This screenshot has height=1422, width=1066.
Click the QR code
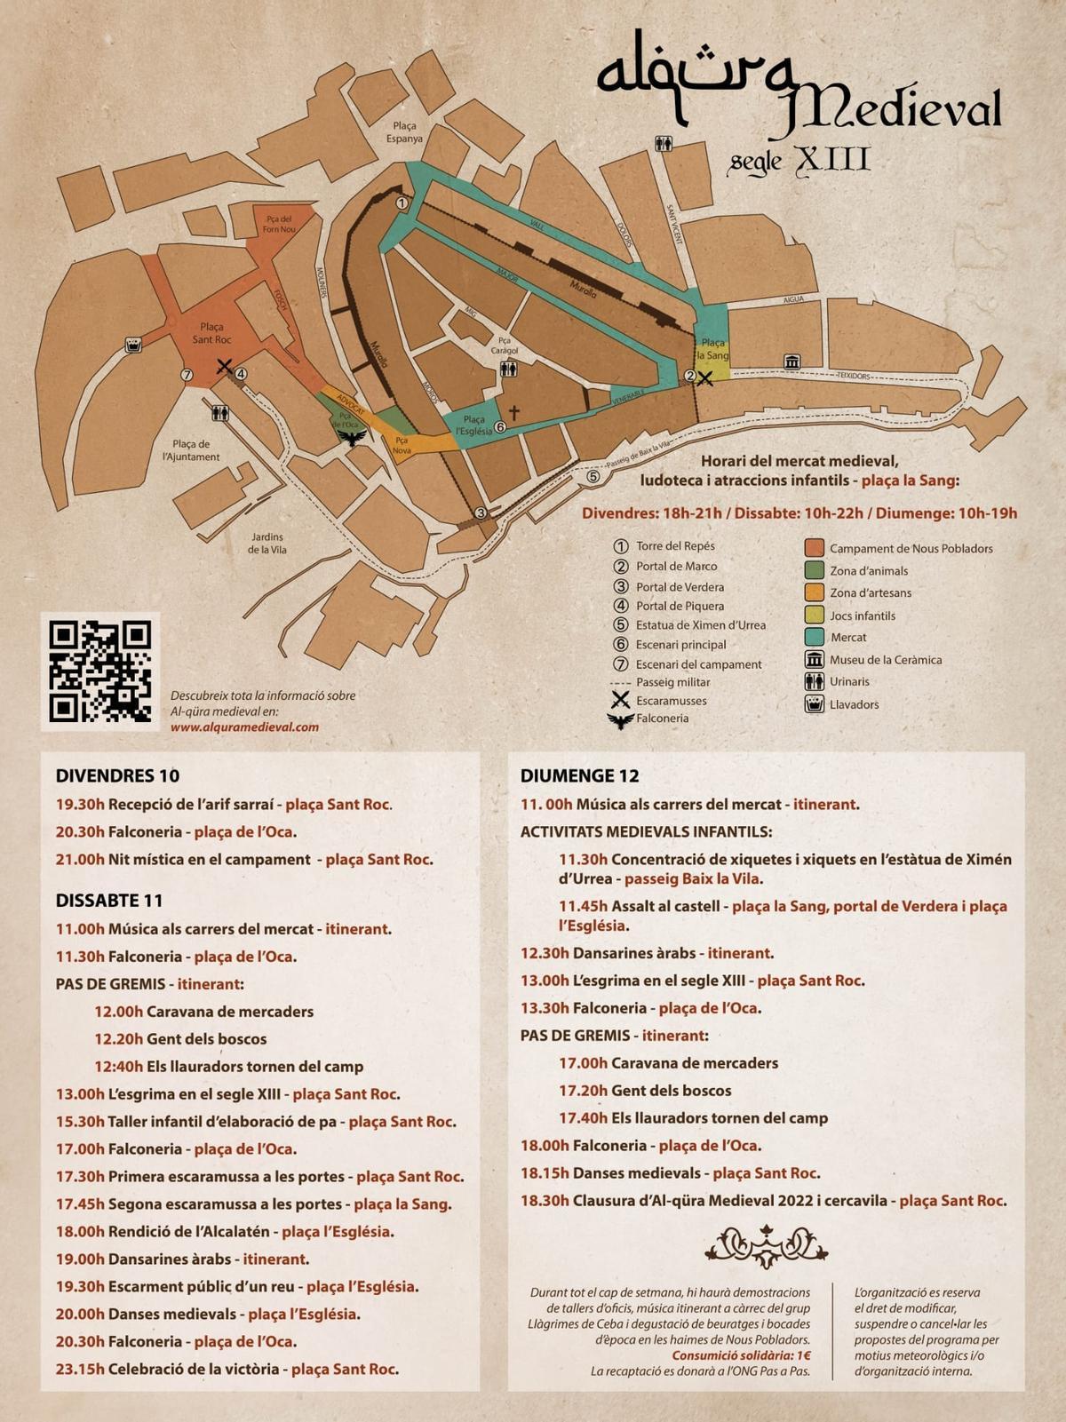100,671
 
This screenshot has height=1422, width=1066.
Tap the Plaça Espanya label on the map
404,132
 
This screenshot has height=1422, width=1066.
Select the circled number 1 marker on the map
402,203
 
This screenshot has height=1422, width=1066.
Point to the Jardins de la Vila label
266,543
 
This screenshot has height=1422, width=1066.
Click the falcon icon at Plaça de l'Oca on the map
354,438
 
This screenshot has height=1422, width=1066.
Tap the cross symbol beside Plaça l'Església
513,412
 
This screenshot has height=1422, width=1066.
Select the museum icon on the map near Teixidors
792,361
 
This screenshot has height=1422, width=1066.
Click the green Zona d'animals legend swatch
814,570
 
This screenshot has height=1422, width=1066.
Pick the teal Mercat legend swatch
814,637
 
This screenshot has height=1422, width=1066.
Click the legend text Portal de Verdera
680,586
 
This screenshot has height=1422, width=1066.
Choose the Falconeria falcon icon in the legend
620,719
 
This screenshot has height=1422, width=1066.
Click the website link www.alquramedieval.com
244,727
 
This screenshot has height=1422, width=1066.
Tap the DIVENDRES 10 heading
117,775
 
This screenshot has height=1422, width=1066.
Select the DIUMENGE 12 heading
579,775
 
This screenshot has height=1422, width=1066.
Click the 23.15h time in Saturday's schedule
80,1369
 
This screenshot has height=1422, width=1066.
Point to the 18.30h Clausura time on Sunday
545,1201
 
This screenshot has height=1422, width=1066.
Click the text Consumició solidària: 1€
741,1355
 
